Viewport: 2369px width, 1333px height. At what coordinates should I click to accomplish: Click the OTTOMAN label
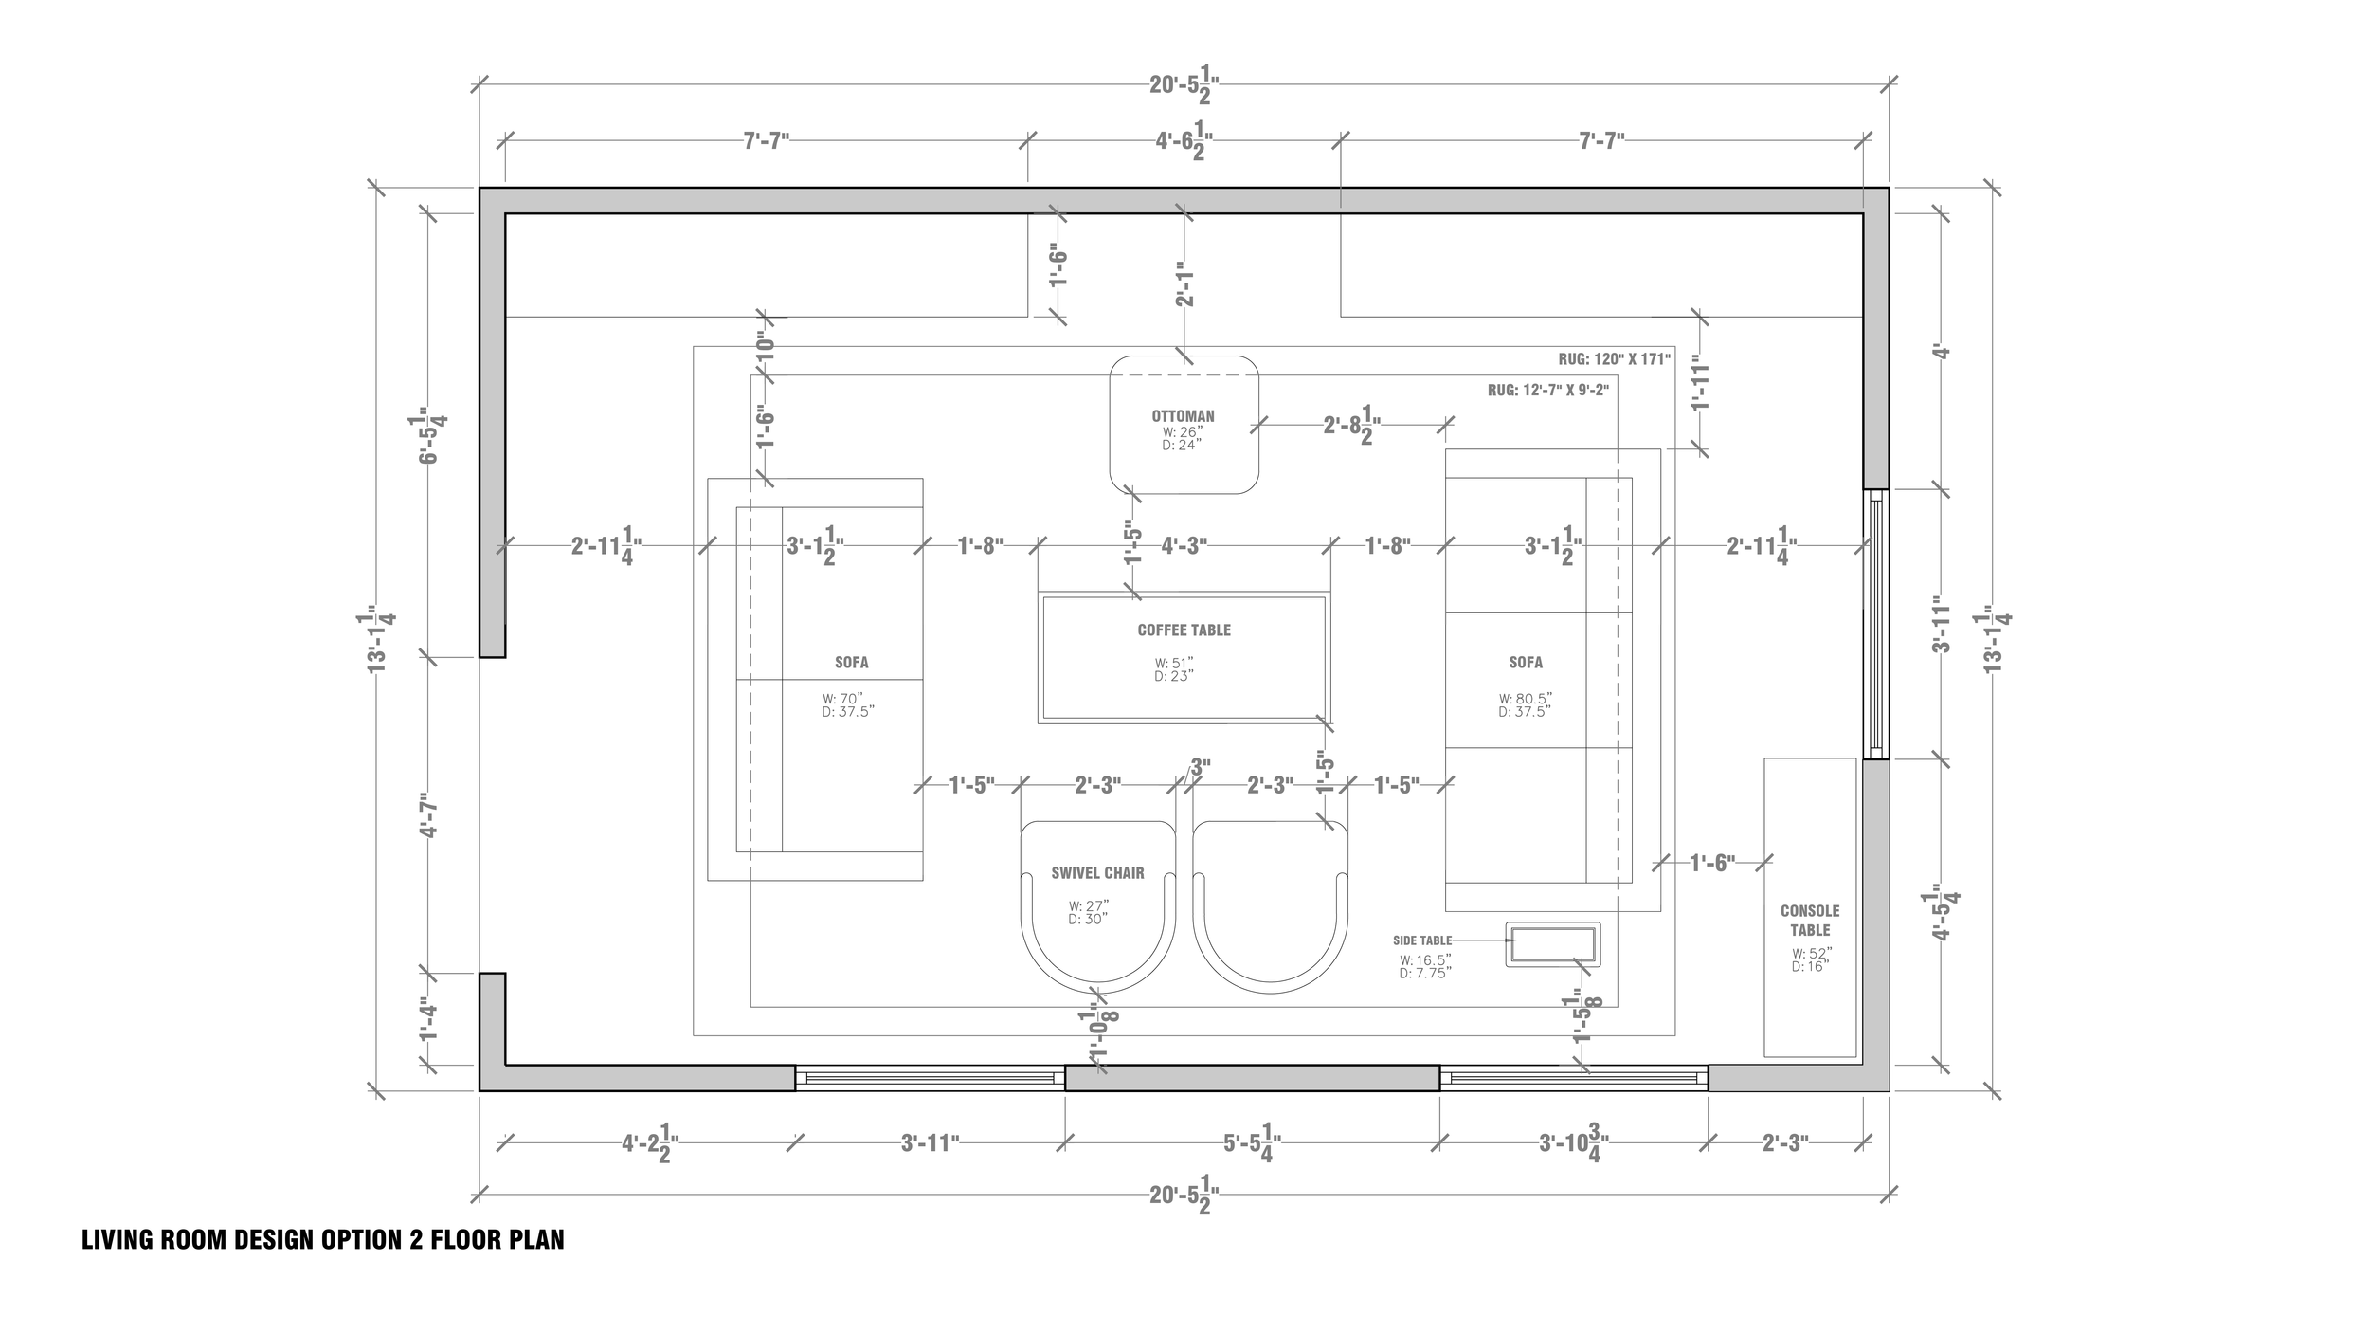[x=1183, y=415]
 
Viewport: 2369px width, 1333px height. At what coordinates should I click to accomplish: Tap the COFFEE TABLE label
[x=1184, y=630]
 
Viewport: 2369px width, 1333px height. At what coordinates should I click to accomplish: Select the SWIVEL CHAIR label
[x=1097, y=873]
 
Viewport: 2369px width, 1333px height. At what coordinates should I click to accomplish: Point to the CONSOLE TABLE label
[x=1809, y=921]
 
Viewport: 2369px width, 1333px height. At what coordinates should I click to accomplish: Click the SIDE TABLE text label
[x=1421, y=940]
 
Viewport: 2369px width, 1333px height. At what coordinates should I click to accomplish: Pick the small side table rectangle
[x=1552, y=945]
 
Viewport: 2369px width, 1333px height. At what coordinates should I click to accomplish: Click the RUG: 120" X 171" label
[x=1614, y=360]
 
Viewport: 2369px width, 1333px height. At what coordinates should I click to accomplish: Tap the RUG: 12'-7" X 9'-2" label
[x=1547, y=390]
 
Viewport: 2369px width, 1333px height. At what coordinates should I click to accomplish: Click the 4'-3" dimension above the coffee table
[x=1184, y=545]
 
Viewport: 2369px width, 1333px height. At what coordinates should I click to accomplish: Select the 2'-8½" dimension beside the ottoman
[x=1351, y=427]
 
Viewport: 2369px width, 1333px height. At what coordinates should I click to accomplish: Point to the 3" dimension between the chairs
[x=1200, y=767]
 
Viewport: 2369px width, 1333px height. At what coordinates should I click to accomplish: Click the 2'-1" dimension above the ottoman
[x=1184, y=284]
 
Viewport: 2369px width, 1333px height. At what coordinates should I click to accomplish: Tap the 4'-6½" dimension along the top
[x=1184, y=141]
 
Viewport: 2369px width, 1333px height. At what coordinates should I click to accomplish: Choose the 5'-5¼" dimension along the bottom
[x=1252, y=1143]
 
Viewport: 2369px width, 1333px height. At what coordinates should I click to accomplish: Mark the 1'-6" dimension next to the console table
[x=1711, y=863]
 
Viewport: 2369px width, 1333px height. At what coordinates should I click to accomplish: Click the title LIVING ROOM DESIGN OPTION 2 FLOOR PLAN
[x=322, y=1240]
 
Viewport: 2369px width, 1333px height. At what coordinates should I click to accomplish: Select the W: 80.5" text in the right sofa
[x=1526, y=699]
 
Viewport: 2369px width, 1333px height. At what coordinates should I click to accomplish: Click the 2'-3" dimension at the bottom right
[x=1785, y=1143]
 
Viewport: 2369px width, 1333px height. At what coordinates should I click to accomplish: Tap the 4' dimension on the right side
[x=1942, y=353]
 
